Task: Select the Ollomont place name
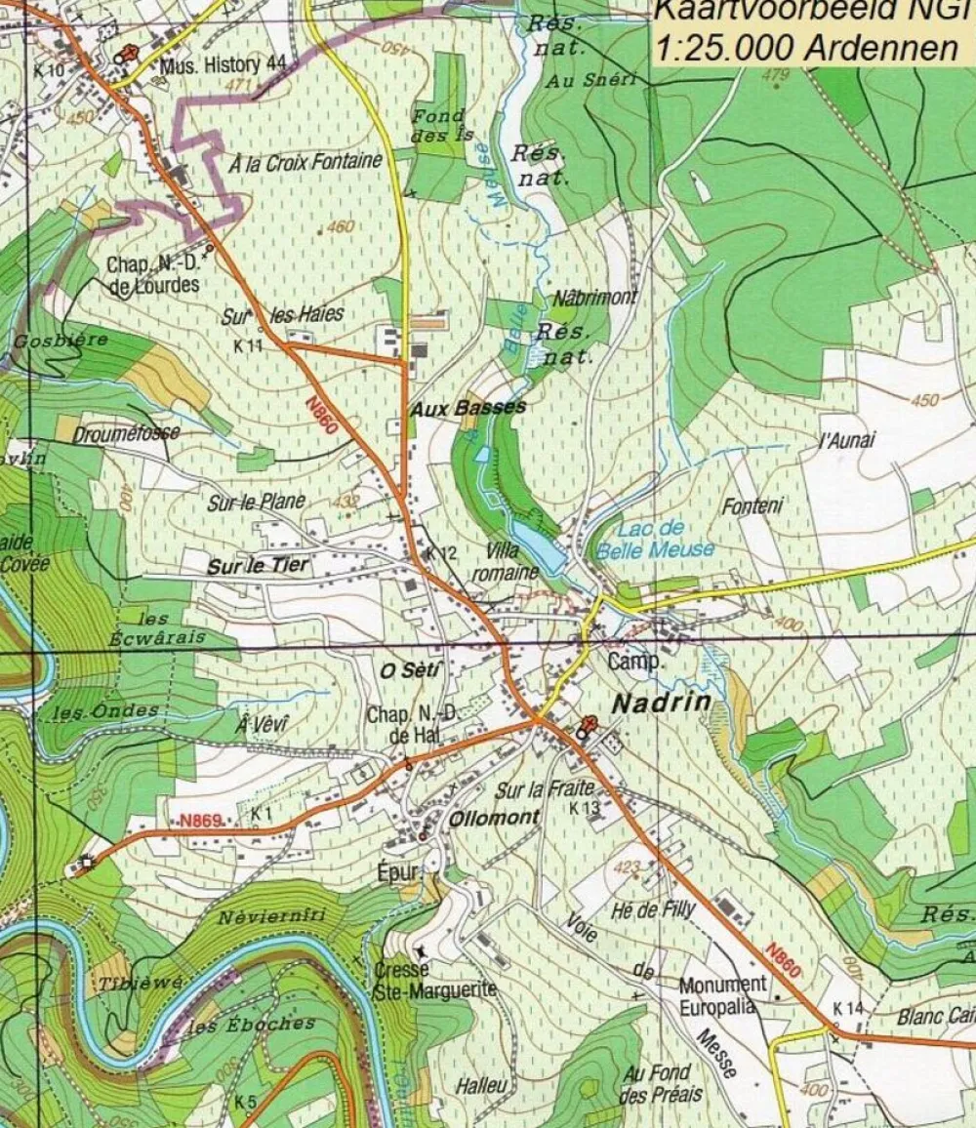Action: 493,819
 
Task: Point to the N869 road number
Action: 201,822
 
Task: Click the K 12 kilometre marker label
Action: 441,553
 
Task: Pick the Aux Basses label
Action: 468,409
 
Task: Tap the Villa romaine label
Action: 505,563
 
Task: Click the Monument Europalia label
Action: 722,995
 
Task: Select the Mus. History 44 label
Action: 224,65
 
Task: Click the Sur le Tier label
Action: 258,565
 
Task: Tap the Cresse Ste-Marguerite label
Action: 434,980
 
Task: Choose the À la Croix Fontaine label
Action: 305,163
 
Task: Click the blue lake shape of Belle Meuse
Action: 539,548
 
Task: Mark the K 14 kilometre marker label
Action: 848,1008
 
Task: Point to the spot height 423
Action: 628,866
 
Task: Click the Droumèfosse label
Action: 126,432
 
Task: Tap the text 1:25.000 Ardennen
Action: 806,48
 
